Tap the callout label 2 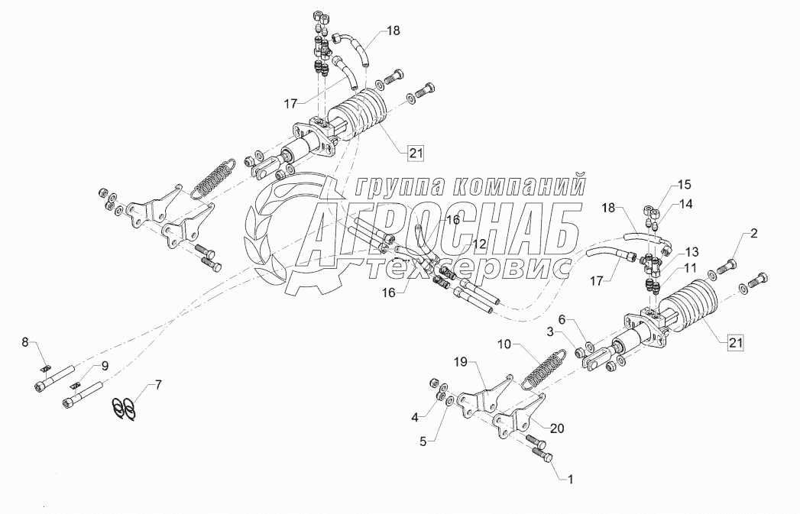tap(753, 234)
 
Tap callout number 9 tap(105, 366)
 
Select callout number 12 tap(478, 244)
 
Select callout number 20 tap(557, 428)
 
